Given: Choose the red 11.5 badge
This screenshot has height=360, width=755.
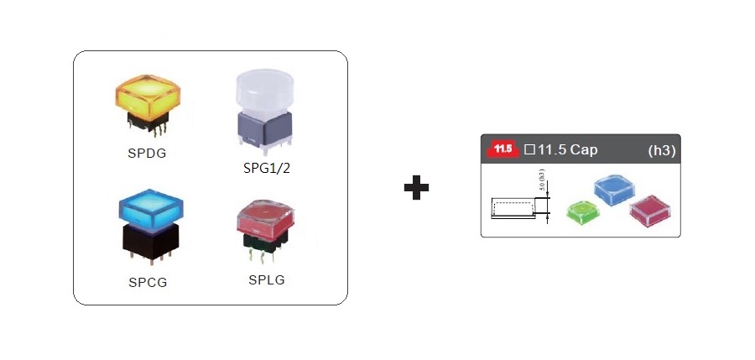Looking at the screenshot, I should point(502,150).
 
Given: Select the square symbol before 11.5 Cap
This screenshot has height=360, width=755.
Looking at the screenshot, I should point(528,151).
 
